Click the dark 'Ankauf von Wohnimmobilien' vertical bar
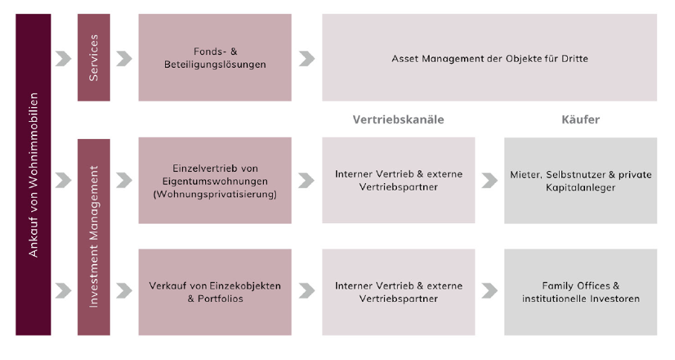point(33,174)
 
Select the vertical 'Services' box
point(94,57)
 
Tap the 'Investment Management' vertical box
point(94,237)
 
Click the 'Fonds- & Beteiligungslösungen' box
point(215,57)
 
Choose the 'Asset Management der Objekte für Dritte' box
point(489,57)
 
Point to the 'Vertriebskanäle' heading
point(398,119)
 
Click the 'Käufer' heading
point(581,119)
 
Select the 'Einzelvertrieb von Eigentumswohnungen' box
point(215,181)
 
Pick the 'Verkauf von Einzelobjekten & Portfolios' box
point(215,292)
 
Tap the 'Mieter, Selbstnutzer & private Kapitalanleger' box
point(581,181)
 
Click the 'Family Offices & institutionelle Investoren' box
point(581,292)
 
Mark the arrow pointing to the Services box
point(63,59)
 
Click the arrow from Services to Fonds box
point(124,59)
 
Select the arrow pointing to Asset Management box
point(306,59)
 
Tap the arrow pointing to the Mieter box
point(489,181)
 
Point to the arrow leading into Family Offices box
point(489,291)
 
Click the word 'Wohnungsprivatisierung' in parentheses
point(215,194)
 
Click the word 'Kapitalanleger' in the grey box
point(581,187)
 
